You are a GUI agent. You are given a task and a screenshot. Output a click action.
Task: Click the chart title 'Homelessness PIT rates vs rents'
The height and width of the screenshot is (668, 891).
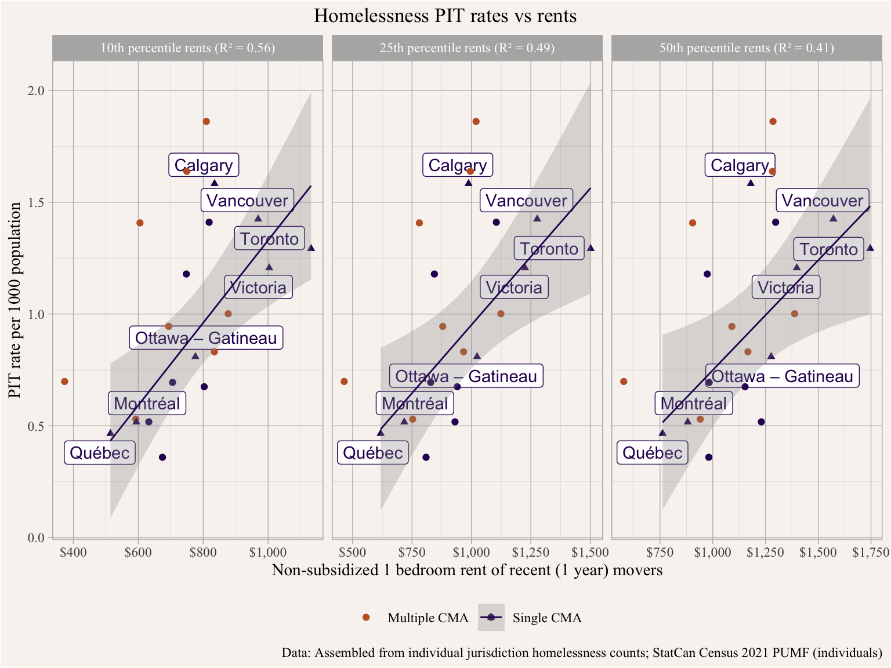[445, 16]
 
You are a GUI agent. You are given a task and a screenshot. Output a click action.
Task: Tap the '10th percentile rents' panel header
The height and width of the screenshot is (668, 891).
[187, 48]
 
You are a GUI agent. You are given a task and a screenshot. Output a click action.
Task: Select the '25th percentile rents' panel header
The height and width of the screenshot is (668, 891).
[467, 48]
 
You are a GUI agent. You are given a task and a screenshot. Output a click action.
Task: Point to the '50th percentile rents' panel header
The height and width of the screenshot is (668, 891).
[747, 48]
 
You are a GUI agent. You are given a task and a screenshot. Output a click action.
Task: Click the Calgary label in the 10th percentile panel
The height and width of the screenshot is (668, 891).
[204, 165]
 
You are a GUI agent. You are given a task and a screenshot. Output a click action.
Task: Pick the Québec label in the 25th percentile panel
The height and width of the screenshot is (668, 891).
[373, 452]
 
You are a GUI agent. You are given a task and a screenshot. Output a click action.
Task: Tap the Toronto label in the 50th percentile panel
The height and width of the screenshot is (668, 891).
[828, 249]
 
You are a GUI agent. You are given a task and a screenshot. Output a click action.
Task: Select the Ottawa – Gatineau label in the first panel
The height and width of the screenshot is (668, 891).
[206, 338]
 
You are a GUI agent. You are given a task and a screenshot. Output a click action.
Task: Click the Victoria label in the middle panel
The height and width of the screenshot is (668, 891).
[514, 288]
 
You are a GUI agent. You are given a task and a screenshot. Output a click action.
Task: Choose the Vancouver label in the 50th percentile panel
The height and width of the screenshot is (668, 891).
[823, 201]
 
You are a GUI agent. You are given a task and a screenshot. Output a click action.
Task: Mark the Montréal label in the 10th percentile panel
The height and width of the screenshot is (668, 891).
[147, 404]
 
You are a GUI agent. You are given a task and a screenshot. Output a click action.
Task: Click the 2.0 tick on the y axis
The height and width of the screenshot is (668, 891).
[38, 90]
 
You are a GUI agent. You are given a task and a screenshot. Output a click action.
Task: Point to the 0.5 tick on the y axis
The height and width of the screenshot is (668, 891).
[38, 426]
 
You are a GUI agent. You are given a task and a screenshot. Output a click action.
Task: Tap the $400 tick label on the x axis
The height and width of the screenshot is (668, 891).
[73, 552]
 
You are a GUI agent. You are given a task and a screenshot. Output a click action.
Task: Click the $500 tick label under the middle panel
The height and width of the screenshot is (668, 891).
[352, 552]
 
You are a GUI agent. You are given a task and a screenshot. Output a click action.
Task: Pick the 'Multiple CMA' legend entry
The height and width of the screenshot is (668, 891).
[428, 618]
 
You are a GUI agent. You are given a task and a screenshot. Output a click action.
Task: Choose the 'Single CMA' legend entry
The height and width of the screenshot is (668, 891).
[546, 618]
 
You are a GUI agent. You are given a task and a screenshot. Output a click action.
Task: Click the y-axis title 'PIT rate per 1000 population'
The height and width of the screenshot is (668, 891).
[15, 300]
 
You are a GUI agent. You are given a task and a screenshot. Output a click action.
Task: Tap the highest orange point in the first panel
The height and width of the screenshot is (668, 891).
[206, 121]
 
